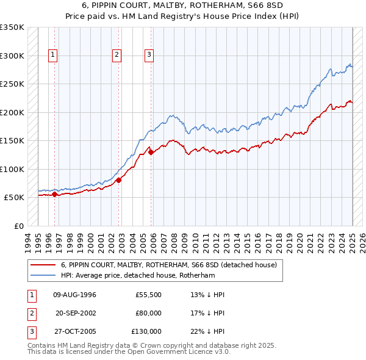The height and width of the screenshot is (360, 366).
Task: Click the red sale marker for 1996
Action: click(54, 195)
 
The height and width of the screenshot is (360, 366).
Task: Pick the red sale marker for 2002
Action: click(119, 179)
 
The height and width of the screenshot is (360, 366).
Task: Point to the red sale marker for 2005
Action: click(151, 153)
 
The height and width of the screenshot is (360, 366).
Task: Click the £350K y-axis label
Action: click(12, 27)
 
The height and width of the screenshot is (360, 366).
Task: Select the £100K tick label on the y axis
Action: click(12, 169)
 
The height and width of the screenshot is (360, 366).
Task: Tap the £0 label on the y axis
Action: click(18, 226)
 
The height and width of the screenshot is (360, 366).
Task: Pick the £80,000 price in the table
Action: click(148, 313)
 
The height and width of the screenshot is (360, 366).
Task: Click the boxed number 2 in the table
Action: click(30, 313)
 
